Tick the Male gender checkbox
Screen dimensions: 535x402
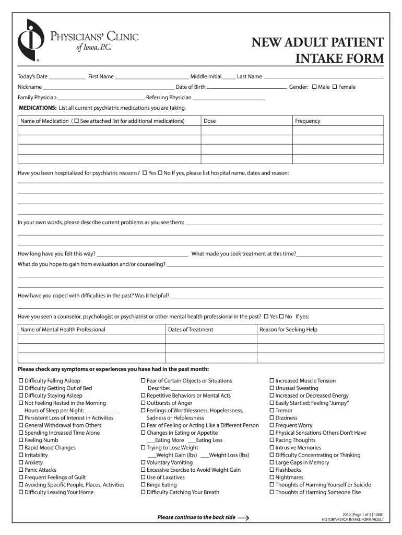(x=314, y=87)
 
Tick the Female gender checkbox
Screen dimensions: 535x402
(x=335, y=87)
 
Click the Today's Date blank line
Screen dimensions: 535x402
(x=67, y=77)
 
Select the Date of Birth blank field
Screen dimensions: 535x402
(x=246, y=88)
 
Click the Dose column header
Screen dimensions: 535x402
(x=209, y=121)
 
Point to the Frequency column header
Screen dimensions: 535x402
(x=308, y=121)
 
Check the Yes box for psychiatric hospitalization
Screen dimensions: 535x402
(x=145, y=172)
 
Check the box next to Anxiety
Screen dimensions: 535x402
(x=21, y=462)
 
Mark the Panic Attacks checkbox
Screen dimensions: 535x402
(x=21, y=470)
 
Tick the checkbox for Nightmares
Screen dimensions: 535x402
(x=272, y=478)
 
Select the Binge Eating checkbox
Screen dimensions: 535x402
(x=143, y=485)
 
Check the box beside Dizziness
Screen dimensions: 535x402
(x=272, y=418)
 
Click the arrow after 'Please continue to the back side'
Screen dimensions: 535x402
(x=243, y=518)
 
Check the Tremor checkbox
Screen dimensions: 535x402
(x=272, y=411)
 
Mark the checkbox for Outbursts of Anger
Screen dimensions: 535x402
(x=143, y=403)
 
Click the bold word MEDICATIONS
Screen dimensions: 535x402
(x=37, y=108)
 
